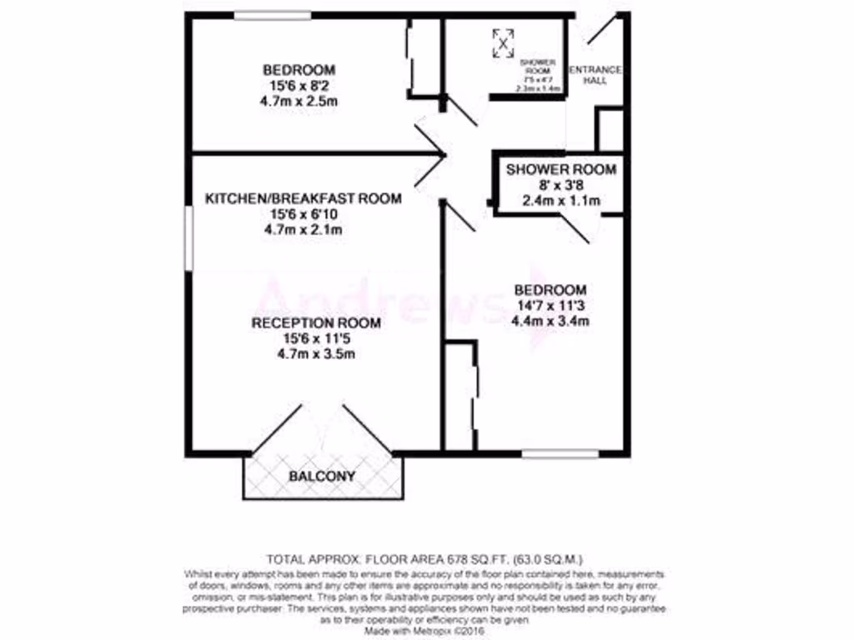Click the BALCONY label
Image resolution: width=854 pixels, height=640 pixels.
[x=322, y=477]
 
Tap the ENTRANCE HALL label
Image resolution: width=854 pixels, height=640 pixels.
[x=594, y=75]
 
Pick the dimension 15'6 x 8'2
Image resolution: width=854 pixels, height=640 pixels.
[x=299, y=85]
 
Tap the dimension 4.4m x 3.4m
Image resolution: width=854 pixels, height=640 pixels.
[x=551, y=321]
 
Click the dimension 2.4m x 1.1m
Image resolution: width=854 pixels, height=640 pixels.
[x=561, y=201]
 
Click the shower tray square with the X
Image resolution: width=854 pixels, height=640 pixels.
[x=503, y=42]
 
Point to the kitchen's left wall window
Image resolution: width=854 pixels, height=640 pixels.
[x=188, y=238]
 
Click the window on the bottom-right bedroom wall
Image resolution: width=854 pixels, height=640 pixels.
[x=560, y=454]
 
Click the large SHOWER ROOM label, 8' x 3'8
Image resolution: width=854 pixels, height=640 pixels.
[x=561, y=170]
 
